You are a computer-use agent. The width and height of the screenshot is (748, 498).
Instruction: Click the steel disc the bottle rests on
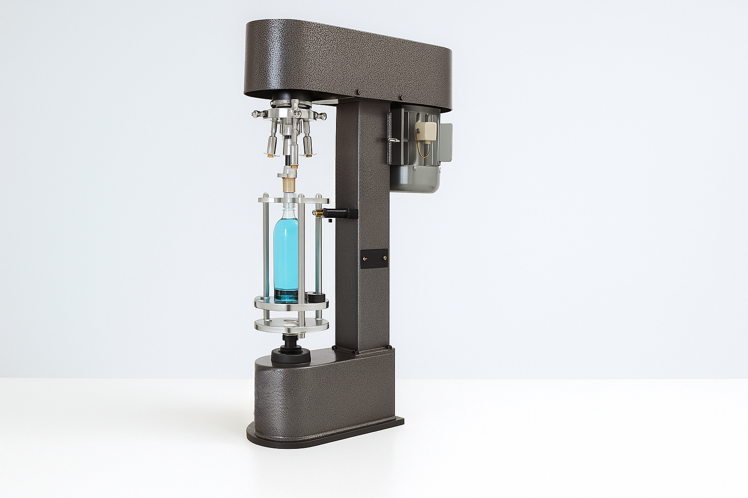point(291,303)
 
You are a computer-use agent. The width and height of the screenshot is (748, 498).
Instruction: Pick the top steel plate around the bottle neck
point(292,200)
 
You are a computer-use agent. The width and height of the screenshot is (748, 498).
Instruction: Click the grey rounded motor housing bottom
point(416,180)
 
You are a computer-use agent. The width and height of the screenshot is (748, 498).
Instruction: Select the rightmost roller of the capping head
point(307,144)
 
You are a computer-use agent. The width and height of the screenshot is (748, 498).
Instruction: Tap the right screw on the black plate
point(385,259)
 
